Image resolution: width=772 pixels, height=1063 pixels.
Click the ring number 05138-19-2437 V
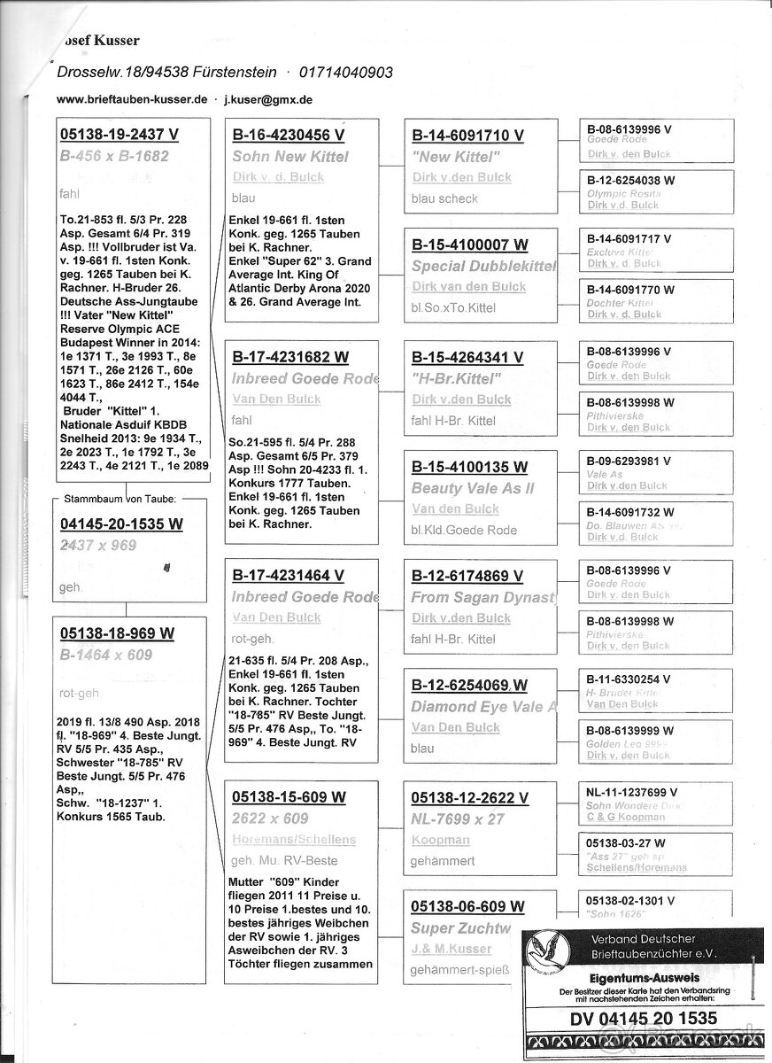coord(120,135)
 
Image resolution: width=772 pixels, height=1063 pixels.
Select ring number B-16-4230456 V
coord(288,136)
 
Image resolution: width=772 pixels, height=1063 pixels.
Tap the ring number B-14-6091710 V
coord(468,136)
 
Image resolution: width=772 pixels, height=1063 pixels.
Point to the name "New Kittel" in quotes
coord(452,157)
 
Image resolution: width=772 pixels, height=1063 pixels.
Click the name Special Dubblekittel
coord(482,267)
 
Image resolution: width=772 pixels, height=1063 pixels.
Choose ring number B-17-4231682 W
coord(289,358)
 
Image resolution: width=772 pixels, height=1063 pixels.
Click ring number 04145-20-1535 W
coord(121,524)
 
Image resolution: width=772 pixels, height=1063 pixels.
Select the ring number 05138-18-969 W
coord(117,633)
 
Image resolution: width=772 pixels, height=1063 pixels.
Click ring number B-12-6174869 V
coord(467,576)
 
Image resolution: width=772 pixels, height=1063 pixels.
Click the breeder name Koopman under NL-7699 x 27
coord(440,840)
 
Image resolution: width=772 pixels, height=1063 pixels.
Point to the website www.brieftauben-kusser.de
coord(132,100)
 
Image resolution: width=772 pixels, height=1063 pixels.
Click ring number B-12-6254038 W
coord(631,180)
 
